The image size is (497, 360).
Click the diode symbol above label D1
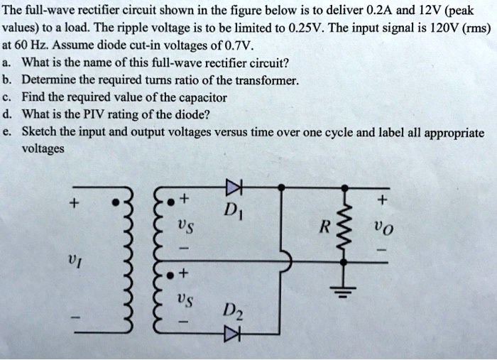coord(233,187)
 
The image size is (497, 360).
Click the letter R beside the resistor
coord(324,229)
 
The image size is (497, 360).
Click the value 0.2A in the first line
coord(383,11)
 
